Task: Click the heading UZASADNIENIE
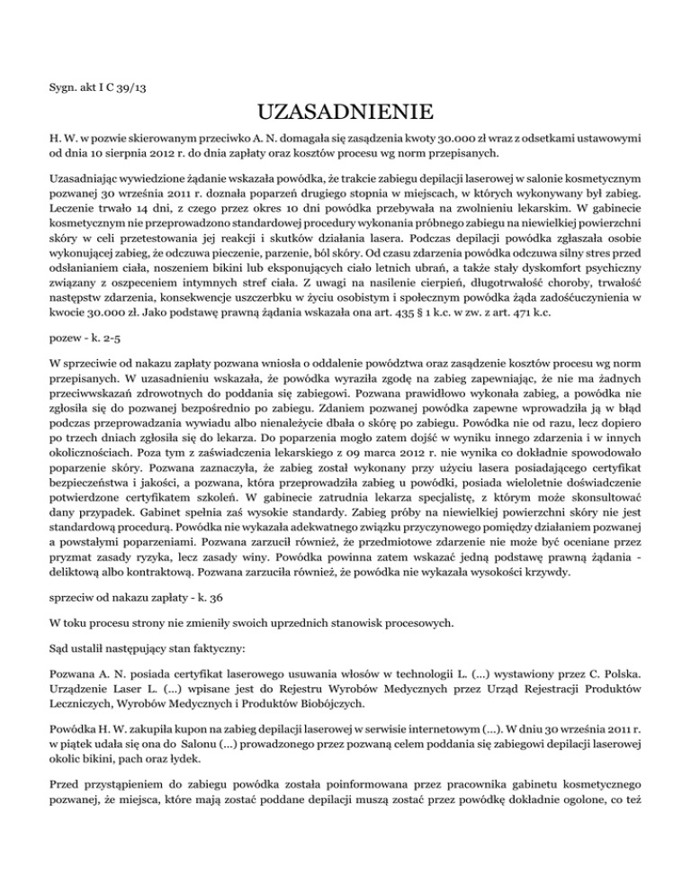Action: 345,113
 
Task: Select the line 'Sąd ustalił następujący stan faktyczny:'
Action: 130,719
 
